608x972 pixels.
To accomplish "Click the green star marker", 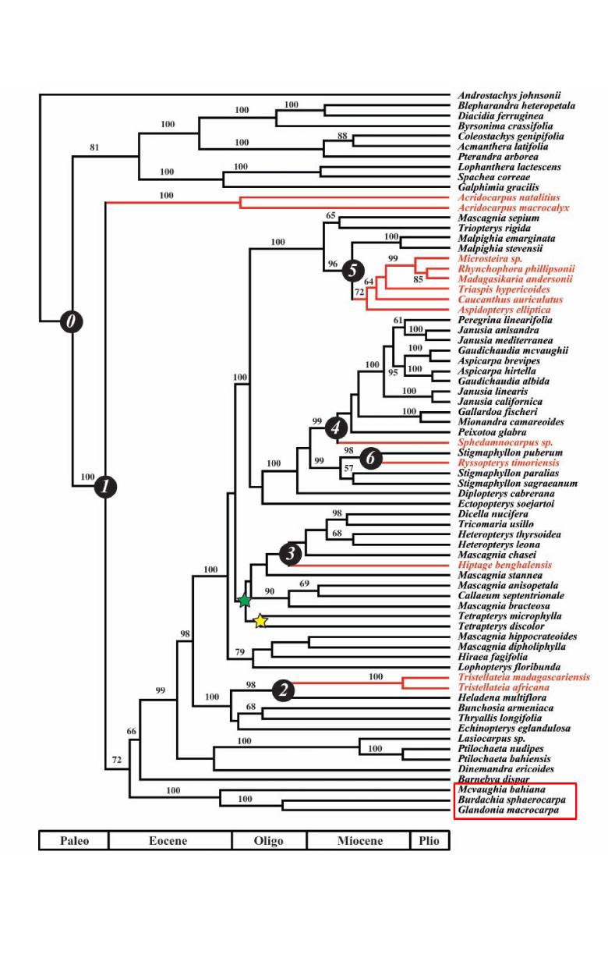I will tap(245, 601).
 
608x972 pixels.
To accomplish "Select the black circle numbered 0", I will tap(72, 321).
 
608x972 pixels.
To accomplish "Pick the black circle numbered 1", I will tap(105, 487).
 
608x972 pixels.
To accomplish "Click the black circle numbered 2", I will tap(284, 689).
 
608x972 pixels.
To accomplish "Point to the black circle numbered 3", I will tap(290, 555).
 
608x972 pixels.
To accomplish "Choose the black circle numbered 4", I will tap(337, 427).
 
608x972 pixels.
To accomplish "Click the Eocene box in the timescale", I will tap(170, 841).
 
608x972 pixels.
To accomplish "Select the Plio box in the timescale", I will tap(429, 841).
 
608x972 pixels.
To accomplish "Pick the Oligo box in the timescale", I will tap(269, 841).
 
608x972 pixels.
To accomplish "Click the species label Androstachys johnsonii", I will tap(509, 96).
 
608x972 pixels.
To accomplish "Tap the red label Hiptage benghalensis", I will tap(504, 565).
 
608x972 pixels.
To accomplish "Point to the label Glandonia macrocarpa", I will tap(507, 810).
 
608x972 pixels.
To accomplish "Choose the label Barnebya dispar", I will tap(493, 779).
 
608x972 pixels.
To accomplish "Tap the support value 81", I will tap(94, 147).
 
